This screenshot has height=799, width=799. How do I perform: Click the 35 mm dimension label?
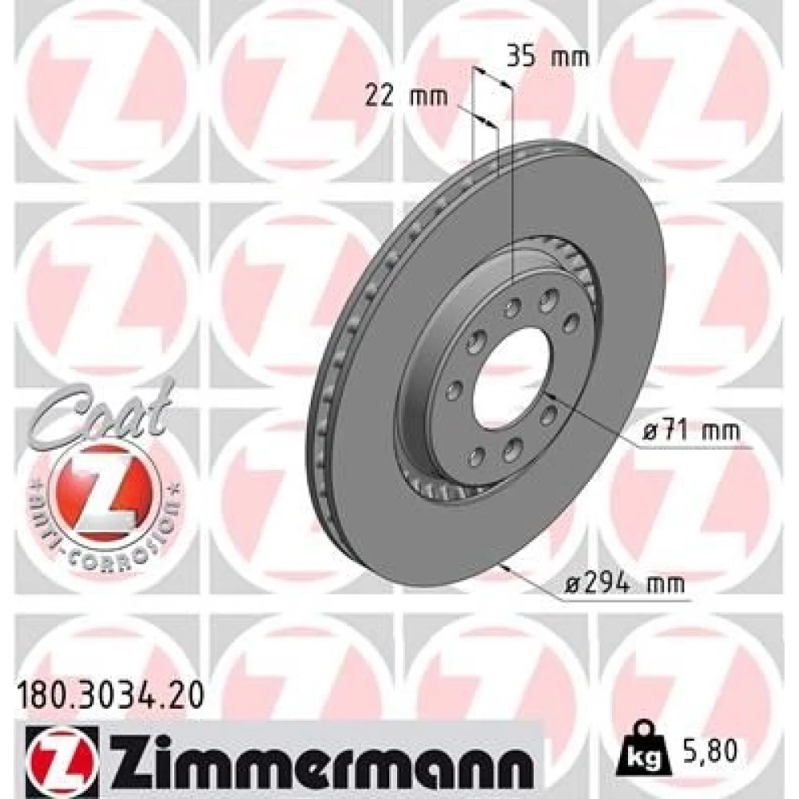[547, 57]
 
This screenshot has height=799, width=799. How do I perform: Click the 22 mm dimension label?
[406, 97]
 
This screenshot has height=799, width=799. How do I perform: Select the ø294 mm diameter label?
[624, 583]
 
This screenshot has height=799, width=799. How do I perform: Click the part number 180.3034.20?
[110, 695]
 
